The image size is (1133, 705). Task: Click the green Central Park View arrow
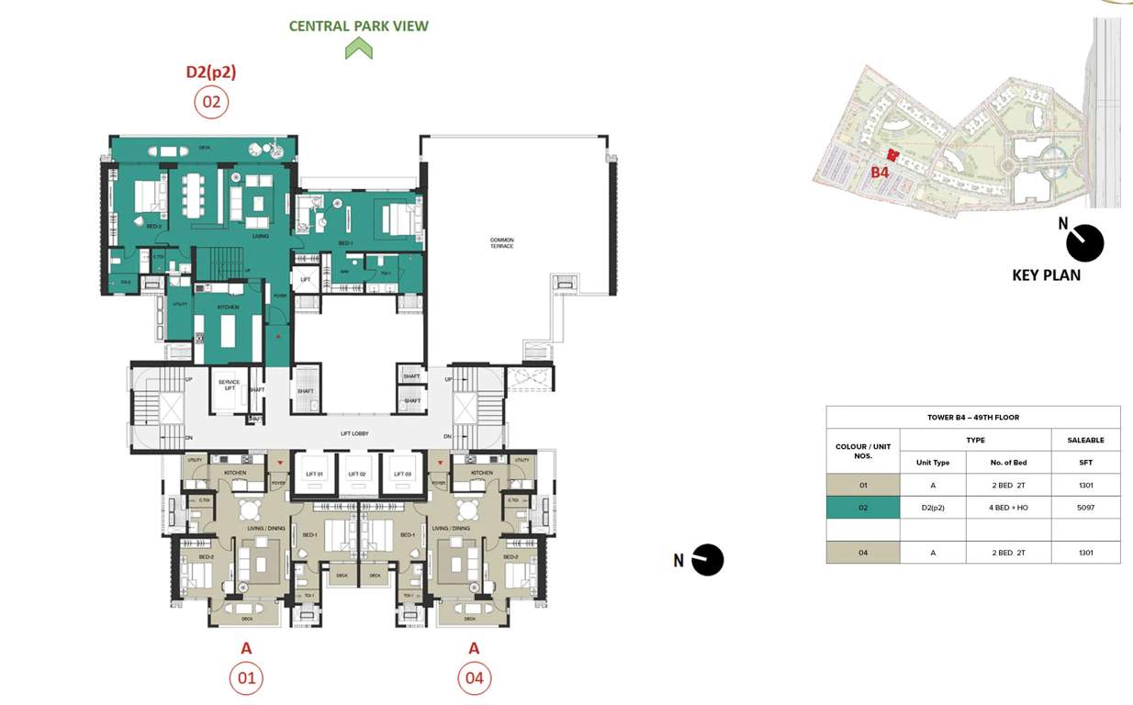point(358,49)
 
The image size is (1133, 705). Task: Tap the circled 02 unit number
point(211,102)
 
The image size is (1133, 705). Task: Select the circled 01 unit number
point(245,679)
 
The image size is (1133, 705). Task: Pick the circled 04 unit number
point(474,679)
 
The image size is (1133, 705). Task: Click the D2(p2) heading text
point(211,73)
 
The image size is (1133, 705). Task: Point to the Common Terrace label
point(501,243)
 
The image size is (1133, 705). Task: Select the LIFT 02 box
point(357,474)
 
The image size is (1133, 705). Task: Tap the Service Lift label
point(229,385)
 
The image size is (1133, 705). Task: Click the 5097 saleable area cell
point(1086,508)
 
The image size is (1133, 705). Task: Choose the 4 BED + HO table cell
point(1008,508)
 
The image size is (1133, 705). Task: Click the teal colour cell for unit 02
point(862,508)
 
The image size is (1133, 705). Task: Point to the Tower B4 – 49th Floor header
point(972,418)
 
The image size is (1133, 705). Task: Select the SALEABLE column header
point(1086,441)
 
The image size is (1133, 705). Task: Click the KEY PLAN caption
point(1046,274)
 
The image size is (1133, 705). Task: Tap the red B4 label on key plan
point(880,172)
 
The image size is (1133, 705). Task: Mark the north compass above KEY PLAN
point(1084,243)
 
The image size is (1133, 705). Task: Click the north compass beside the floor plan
point(707,560)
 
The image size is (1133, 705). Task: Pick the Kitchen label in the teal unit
point(228,307)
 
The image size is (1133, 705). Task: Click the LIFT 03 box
point(401,474)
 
